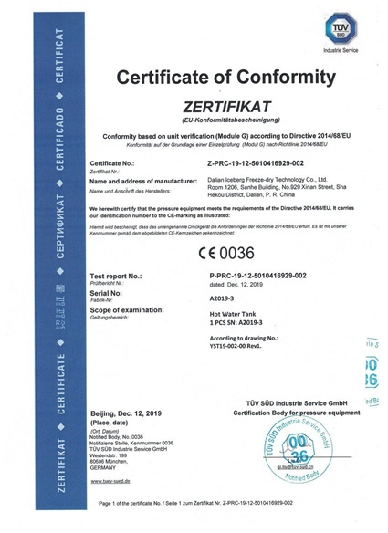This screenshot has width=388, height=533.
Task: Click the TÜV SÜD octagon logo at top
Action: pos(352,22)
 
